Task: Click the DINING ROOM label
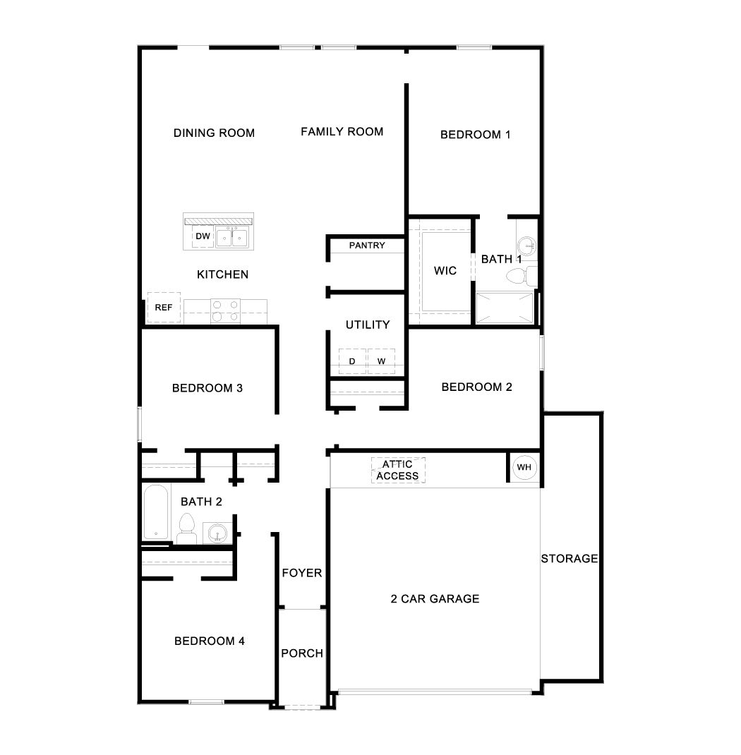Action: tap(214, 133)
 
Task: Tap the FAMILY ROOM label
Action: tap(342, 131)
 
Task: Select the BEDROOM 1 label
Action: tap(475, 134)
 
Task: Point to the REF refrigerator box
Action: tap(164, 308)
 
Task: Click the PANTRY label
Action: tap(367, 246)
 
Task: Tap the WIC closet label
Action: tap(445, 271)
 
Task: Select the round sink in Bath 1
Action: tap(527, 246)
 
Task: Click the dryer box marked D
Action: tap(352, 361)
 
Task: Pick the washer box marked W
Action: tap(381, 361)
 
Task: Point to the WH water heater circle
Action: tap(524, 467)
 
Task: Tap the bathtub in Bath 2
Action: tap(155, 512)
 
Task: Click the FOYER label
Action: tap(302, 573)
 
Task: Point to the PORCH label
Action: tap(302, 653)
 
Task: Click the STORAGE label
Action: tap(570, 559)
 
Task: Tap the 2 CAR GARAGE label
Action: tap(435, 599)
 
